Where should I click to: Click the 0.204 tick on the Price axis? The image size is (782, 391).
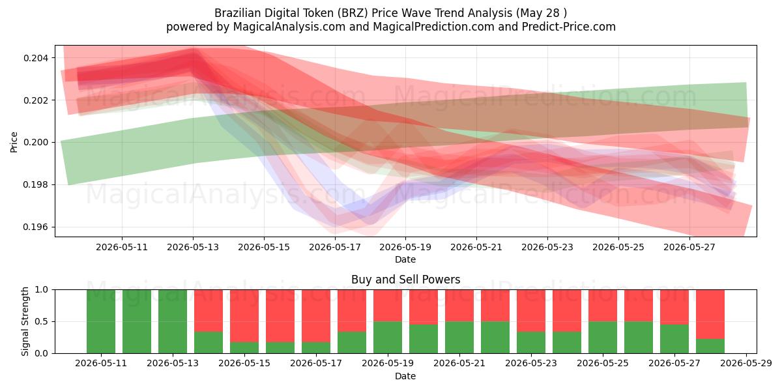pyautogui.click(x=36, y=58)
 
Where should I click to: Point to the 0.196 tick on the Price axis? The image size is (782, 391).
pyautogui.click(x=36, y=227)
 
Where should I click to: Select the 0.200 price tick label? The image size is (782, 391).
pyautogui.click(x=36, y=143)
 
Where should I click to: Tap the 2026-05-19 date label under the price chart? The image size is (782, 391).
pyautogui.click(x=405, y=247)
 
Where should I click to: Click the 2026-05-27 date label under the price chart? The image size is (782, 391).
pyautogui.click(x=689, y=247)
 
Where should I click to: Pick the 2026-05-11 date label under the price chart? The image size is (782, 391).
pyautogui.click(x=122, y=247)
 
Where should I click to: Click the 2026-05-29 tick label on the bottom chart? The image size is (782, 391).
pyautogui.click(x=746, y=364)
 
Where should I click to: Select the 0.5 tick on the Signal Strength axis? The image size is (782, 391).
pyautogui.click(x=42, y=321)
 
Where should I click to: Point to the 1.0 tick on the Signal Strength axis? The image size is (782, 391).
pyautogui.click(x=42, y=290)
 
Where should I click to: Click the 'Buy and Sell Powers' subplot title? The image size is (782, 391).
pyautogui.click(x=405, y=280)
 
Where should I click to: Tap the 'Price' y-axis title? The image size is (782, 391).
pyautogui.click(x=14, y=142)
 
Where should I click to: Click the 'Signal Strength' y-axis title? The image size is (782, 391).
pyautogui.click(x=25, y=321)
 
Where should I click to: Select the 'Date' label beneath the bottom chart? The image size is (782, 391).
pyautogui.click(x=405, y=376)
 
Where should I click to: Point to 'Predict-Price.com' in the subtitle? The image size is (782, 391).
pyautogui.click(x=569, y=27)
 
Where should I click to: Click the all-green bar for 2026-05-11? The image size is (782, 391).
pyautogui.click(x=101, y=321)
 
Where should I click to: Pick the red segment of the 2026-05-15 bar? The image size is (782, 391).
pyautogui.click(x=244, y=316)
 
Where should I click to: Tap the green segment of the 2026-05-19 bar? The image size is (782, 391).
pyautogui.click(x=388, y=338)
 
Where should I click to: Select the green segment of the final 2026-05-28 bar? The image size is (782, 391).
pyautogui.click(x=710, y=346)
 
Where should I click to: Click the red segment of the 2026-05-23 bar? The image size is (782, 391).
pyautogui.click(x=531, y=311)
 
